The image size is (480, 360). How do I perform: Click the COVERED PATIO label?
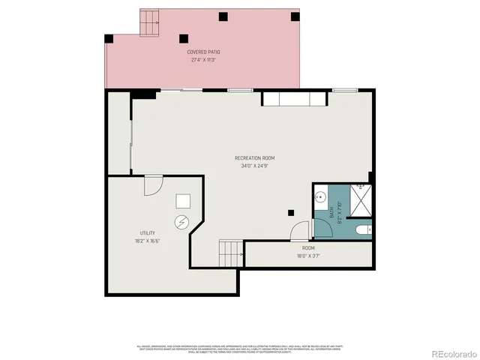pyautogui.click(x=204, y=52)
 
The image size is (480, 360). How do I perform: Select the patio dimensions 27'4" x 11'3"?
pyautogui.click(x=204, y=59)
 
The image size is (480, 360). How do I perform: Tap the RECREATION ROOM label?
pyautogui.click(x=255, y=157)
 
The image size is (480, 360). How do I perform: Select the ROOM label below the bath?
pyautogui.click(x=308, y=247)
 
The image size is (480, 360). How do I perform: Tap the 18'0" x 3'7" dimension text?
pyautogui.click(x=308, y=255)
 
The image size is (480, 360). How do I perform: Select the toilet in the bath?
pyautogui.click(x=362, y=229)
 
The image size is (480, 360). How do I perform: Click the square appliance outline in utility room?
pyautogui.click(x=184, y=201)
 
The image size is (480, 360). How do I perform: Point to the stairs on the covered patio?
pyautogui.click(x=150, y=24)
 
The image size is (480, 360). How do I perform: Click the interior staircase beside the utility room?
pyautogui.click(x=231, y=253)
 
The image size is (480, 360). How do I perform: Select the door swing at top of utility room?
pyautogui.click(x=153, y=184)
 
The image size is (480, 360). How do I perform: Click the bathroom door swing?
pyautogui.click(x=299, y=231)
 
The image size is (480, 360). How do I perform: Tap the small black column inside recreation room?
pyautogui.click(x=290, y=212)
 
